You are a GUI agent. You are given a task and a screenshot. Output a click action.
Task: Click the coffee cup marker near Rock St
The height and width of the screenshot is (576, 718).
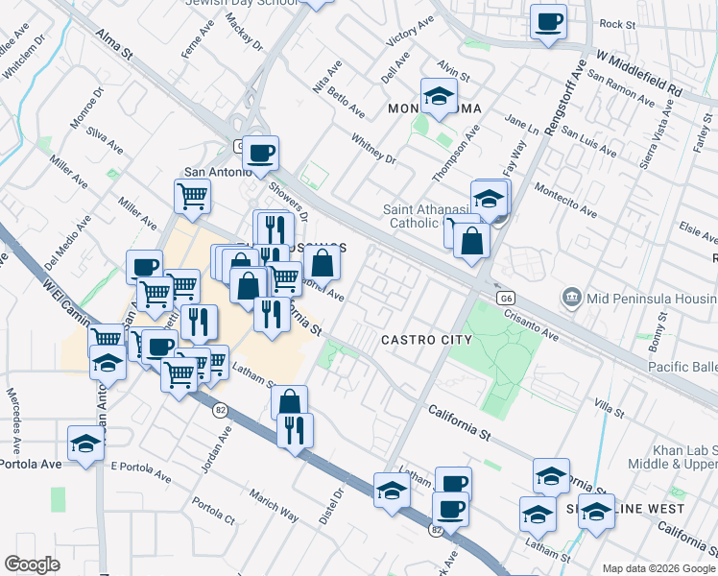548,21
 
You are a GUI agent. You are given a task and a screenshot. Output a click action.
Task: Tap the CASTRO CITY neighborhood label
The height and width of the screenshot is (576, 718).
426,340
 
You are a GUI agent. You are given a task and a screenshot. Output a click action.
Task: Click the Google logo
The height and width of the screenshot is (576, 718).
32,564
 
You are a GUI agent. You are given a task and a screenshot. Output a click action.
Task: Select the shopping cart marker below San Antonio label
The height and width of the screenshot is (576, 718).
192,197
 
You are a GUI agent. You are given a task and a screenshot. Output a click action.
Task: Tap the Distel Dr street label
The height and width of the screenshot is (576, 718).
338,503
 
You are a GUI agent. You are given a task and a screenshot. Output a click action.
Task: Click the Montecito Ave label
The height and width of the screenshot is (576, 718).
567,202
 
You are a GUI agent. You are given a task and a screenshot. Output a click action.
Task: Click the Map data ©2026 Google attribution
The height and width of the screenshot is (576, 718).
658,567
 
